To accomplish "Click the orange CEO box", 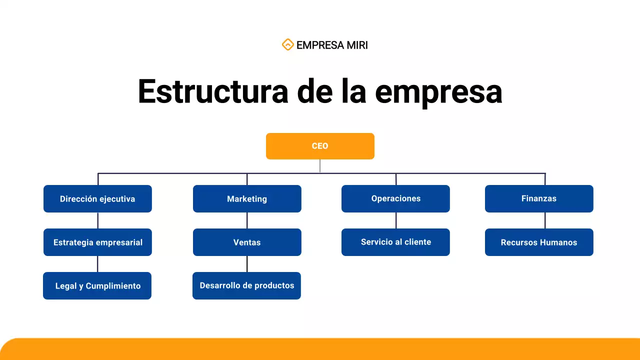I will (x=320, y=146).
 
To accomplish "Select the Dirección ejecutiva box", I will (x=97, y=198).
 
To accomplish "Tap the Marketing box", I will (x=247, y=198).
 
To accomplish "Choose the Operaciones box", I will (x=395, y=198).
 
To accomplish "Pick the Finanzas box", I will (x=539, y=198).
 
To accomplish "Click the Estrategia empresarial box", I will (x=97, y=242).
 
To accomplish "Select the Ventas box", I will (x=247, y=242).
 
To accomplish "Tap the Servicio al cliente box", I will (x=395, y=242).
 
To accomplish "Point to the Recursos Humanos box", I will (x=539, y=242).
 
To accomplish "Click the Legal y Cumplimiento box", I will (x=97, y=285).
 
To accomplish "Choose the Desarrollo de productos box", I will (x=246, y=285).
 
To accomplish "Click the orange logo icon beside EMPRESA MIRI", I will (x=287, y=45).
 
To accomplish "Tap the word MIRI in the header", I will (x=355, y=45).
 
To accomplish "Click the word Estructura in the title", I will (x=213, y=91).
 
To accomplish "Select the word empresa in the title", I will (x=438, y=91).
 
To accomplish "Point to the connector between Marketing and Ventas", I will (x=247, y=220).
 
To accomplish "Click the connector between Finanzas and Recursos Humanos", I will (x=545, y=220).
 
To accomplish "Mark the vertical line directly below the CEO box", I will (x=320, y=166).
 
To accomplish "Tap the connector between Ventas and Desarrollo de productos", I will (x=247, y=264).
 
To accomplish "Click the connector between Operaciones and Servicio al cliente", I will (x=396, y=220).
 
